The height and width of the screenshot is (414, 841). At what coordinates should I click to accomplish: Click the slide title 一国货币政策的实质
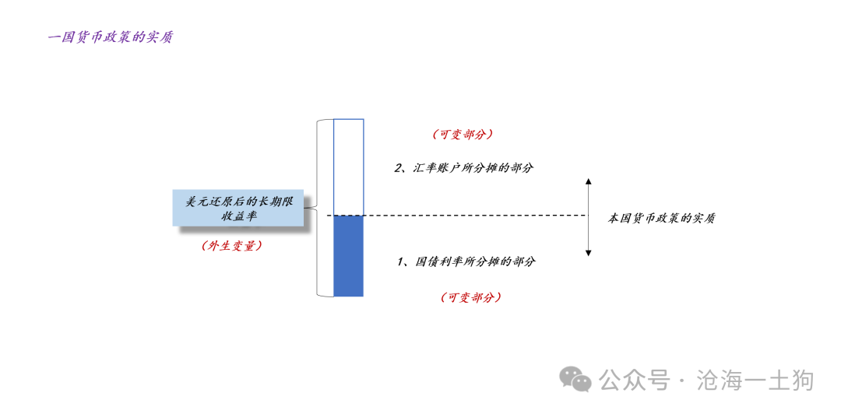click(x=110, y=38)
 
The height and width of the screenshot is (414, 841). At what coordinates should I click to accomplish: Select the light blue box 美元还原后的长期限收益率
click(x=238, y=208)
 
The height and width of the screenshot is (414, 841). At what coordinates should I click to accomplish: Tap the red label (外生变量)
click(x=232, y=246)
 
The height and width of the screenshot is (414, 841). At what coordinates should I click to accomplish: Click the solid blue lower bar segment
click(x=349, y=256)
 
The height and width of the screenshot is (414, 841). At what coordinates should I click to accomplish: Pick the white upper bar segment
click(x=349, y=167)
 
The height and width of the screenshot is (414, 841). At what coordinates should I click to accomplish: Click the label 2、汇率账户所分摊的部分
click(x=464, y=168)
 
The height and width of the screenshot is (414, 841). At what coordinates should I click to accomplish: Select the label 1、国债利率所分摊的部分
click(x=466, y=262)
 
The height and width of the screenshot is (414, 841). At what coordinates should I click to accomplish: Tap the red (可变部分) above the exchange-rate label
click(x=463, y=135)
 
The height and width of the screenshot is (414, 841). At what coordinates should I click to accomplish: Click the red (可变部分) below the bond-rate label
click(x=471, y=297)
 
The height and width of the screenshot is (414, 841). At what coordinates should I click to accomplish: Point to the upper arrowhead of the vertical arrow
click(x=589, y=181)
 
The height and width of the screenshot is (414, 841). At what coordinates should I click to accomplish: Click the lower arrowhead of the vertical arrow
click(x=589, y=252)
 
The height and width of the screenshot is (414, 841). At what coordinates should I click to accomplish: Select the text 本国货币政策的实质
click(x=661, y=219)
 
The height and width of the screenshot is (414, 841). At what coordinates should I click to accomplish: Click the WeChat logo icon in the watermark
click(x=575, y=380)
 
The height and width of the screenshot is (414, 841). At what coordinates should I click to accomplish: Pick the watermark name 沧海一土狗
click(x=755, y=381)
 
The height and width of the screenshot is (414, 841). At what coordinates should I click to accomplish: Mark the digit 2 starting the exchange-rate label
click(x=399, y=168)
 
